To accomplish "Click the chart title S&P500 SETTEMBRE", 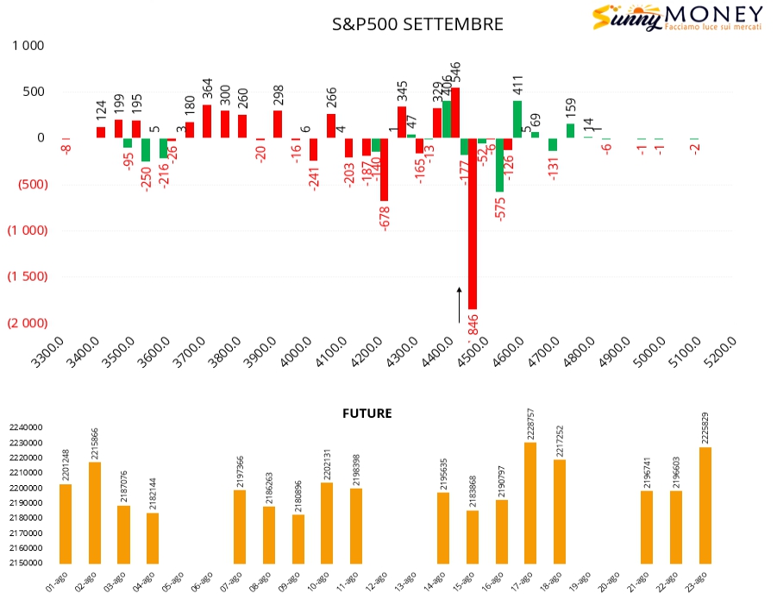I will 418,24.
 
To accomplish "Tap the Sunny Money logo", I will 676,17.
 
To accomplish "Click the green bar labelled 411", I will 517,119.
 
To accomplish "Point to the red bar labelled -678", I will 384,169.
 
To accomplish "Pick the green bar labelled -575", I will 499,164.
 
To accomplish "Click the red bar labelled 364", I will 207,121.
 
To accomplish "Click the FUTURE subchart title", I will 367,413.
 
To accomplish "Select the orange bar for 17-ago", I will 530,502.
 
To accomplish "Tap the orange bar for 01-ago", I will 66,523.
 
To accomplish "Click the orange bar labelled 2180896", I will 298,539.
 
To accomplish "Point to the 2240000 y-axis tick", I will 26,427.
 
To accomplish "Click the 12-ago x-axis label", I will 376,583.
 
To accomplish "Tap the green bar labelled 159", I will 570,130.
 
